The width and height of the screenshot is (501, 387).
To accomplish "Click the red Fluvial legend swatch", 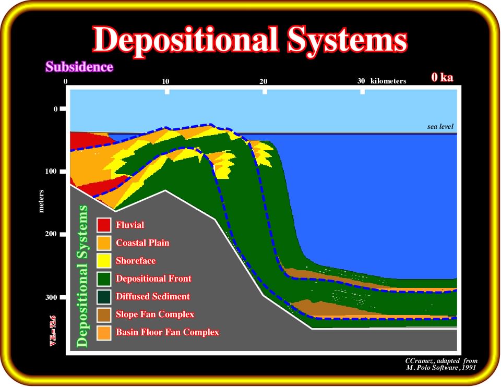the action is click(104, 225).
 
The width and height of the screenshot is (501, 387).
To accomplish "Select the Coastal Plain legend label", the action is click(142, 243).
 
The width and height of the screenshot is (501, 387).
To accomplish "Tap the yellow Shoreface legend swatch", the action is click(104, 261).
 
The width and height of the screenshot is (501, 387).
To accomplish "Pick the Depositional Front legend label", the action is click(153, 279).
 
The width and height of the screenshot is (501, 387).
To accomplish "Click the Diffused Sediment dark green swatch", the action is click(104, 297).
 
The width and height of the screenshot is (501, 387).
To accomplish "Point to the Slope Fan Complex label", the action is click(155, 314).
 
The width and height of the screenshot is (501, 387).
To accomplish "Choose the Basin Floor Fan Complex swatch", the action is click(104, 333).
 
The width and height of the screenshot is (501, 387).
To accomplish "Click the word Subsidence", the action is click(79, 67).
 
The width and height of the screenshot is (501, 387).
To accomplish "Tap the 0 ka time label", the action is click(442, 77).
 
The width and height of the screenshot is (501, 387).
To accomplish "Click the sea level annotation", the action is click(440, 126).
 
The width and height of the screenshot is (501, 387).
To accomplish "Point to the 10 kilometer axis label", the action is click(165, 81).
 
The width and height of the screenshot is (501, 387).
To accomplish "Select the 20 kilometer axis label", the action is click(263, 81).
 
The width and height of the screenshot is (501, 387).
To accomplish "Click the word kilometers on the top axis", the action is click(388, 81).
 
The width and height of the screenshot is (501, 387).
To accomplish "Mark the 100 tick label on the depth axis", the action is click(51, 171).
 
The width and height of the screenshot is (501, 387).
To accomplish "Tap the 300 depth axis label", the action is click(51, 297).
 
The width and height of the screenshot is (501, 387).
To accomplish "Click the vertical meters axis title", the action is click(41, 201).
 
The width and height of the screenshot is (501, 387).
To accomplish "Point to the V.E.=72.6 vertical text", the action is click(53, 331).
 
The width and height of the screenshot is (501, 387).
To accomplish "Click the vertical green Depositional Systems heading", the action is click(82, 276).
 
